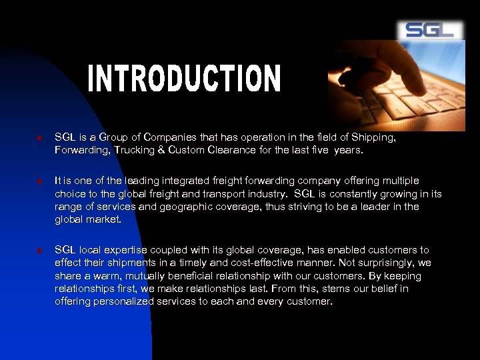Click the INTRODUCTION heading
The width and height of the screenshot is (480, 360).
tap(185, 79)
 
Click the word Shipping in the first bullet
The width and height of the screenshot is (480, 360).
tap(375, 137)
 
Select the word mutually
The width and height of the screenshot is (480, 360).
tap(147, 275)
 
